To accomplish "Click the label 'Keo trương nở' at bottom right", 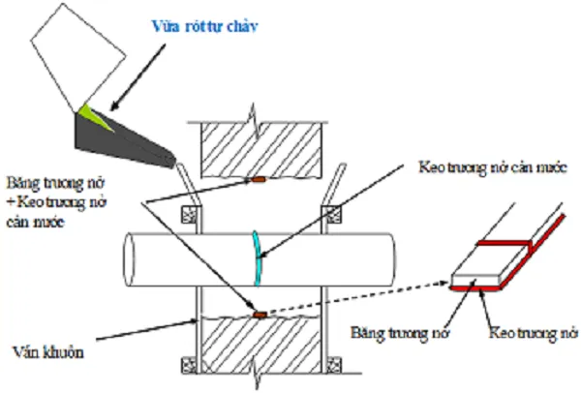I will (x=531, y=332).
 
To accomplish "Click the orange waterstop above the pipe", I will (x=259, y=181).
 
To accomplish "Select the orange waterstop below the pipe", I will (x=260, y=314).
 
